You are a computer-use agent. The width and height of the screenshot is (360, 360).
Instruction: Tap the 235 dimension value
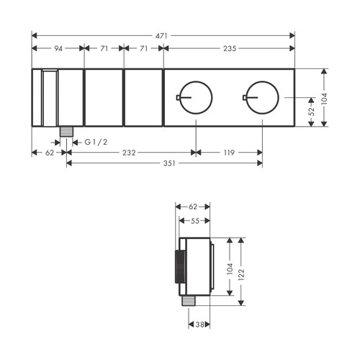(230, 48)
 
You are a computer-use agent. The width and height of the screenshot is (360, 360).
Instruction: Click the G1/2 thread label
(95, 142)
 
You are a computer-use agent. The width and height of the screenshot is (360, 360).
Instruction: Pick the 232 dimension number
(130, 152)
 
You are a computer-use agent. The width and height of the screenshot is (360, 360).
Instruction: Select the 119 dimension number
(229, 152)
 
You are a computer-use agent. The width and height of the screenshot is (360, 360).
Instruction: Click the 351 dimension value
(163, 163)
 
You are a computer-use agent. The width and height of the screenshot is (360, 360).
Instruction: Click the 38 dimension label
(201, 325)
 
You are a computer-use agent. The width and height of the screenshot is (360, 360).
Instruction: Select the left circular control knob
(194, 96)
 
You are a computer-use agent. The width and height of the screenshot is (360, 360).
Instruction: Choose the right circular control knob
(262, 96)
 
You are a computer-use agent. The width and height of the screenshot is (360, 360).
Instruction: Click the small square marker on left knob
(177, 96)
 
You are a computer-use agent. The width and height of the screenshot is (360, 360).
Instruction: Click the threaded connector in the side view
(189, 300)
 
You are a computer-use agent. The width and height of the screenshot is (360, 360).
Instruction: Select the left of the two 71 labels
(104, 48)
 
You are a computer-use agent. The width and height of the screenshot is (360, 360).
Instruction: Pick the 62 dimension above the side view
(192, 206)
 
